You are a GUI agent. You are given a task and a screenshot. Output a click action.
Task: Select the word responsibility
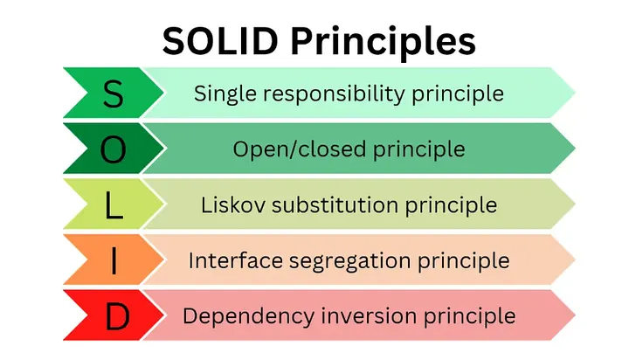pyautogui.click(x=340, y=93)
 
